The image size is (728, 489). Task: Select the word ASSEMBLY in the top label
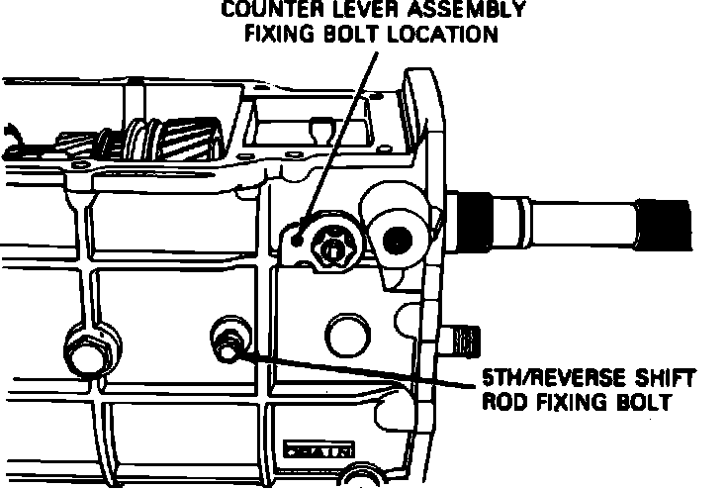472,11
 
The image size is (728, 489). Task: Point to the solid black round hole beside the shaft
398,238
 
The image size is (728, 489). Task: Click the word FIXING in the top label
287,34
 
